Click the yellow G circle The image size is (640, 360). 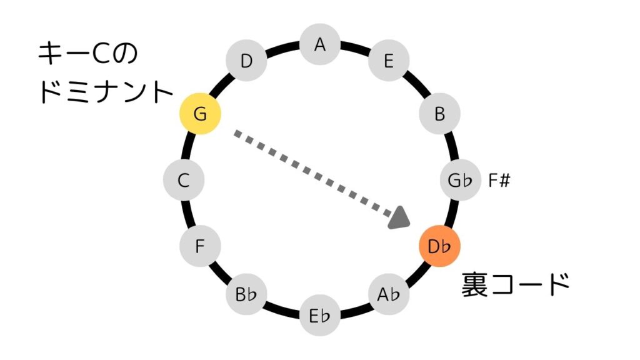pyautogui.click(x=200, y=114)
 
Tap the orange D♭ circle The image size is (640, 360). pyautogui.click(x=439, y=246)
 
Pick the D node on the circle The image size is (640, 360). pyautogui.click(x=246, y=61)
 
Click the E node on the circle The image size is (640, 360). pyautogui.click(x=388, y=61)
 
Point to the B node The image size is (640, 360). pyautogui.click(x=439, y=114)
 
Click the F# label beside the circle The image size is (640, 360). pyautogui.click(x=500, y=181)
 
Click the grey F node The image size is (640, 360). pyautogui.click(x=200, y=246)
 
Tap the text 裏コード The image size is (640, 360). pyautogui.click(x=516, y=285)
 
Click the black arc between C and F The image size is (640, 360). pyautogui.click(x=189, y=214)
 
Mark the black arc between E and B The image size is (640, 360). pyautogui.click(x=417, y=84)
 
